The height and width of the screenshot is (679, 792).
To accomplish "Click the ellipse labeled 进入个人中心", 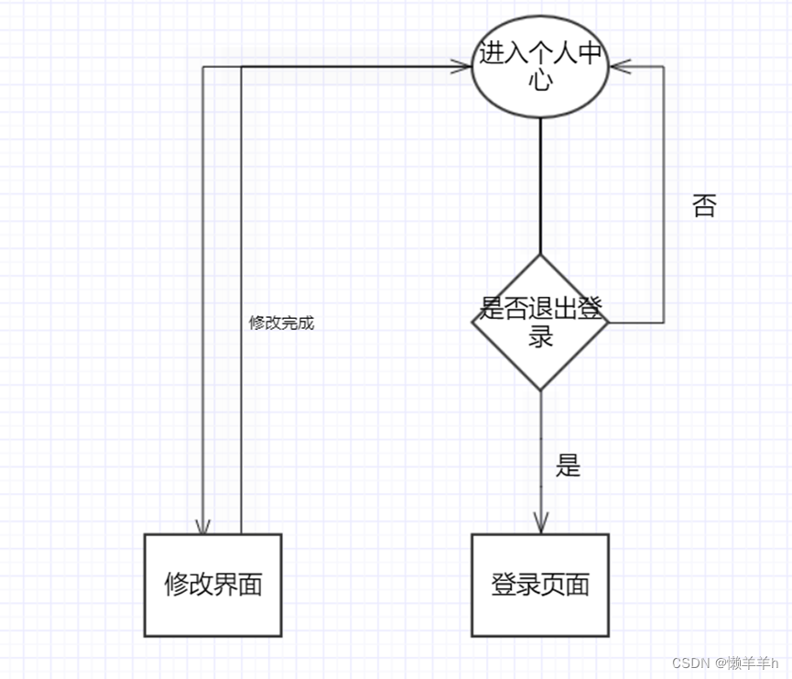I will (540, 67).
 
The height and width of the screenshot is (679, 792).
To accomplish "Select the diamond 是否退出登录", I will (540, 322).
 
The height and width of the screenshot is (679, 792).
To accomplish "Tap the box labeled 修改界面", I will (213, 585).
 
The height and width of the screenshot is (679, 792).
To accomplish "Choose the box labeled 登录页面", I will (540, 585).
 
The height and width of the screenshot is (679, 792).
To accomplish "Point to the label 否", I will (703, 206).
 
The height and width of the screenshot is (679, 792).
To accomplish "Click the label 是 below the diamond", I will (568, 465).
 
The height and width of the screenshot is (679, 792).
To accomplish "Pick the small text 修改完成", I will (281, 323).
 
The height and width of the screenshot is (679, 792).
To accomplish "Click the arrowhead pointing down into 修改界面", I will (203, 526).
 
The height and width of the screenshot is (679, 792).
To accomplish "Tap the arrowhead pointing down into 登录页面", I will (540, 526).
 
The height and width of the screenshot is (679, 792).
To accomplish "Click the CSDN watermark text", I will (724, 663).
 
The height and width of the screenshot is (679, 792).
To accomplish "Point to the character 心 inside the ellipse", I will (540, 80).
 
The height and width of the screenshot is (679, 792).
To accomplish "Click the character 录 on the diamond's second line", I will (540, 335).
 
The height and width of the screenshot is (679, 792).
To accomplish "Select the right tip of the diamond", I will (608, 323).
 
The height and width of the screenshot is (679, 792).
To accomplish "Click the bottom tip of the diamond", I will (540, 389).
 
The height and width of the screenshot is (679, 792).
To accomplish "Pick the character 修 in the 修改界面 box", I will (177, 585).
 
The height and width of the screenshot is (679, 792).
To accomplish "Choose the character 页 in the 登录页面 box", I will (553, 585).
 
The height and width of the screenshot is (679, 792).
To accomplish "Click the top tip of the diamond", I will (540, 256).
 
